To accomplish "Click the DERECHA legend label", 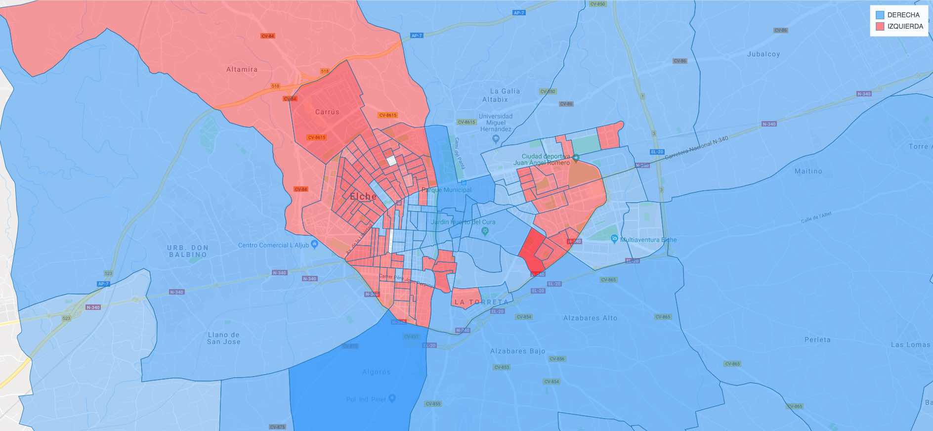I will (x=903, y=15).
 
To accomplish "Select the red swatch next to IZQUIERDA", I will (x=880, y=27).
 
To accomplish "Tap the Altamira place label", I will (x=242, y=69).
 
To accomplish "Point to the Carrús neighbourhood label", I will (x=327, y=112).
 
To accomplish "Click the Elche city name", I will (x=363, y=196).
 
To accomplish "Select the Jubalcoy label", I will (x=763, y=54).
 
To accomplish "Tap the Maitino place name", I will (x=808, y=171).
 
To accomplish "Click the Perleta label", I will (x=817, y=340).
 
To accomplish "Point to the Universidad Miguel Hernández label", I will (x=496, y=123).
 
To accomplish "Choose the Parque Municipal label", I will (x=446, y=190).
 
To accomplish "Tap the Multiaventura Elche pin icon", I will (x=614, y=239).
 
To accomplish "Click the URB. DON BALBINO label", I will (x=188, y=251).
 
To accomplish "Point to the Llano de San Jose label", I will (x=223, y=338).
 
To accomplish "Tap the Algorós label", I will (x=376, y=372).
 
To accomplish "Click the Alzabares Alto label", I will (x=590, y=318).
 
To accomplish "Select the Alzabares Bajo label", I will (x=517, y=351).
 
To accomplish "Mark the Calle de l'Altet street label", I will (x=816, y=217).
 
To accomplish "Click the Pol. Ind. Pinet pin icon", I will (x=392, y=398).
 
